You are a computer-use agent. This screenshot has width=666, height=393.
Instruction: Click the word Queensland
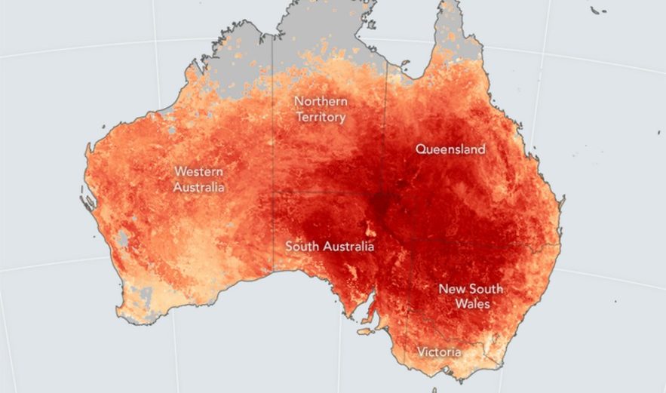point(450,149)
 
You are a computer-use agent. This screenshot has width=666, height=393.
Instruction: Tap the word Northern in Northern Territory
point(321,101)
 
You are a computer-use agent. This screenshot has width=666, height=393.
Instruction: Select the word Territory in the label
point(321,117)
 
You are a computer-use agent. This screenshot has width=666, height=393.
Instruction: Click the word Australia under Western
point(199,186)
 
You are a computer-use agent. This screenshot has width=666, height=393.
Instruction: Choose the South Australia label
point(330,246)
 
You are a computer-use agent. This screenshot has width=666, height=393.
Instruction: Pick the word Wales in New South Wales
point(472,304)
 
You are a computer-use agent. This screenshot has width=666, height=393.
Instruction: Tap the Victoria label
point(440,352)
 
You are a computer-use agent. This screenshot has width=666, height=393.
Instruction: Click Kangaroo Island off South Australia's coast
point(366,331)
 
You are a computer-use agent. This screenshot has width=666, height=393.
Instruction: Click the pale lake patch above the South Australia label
point(369,225)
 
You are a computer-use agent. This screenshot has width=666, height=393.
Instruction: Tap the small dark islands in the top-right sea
point(597,10)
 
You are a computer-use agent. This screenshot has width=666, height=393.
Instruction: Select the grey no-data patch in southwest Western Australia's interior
point(121,241)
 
